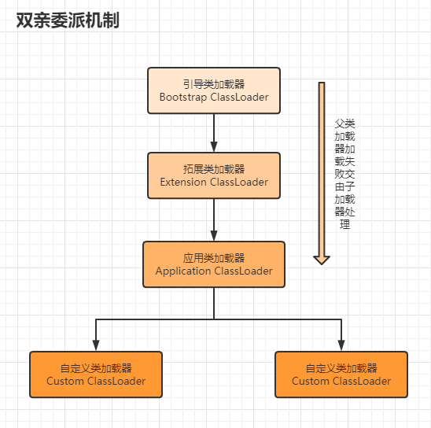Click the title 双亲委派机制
tap(68, 20)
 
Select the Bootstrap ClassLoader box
tap(214, 90)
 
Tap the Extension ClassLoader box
tap(214, 175)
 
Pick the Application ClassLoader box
tap(214, 264)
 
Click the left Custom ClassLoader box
tap(96, 374)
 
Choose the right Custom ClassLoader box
tap(341, 374)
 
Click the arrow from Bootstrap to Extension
tap(214, 133)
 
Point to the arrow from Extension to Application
tap(214, 220)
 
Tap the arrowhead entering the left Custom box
tap(96, 345)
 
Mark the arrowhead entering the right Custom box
tap(341, 345)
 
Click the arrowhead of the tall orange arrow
tap(322, 260)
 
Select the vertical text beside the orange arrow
tap(345, 174)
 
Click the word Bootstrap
tap(183, 98)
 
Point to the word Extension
tap(183, 182)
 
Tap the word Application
tap(183, 271)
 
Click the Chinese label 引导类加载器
tap(214, 84)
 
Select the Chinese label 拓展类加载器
tap(214, 169)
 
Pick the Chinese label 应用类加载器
tap(214, 258)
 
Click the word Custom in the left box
tap(65, 382)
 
